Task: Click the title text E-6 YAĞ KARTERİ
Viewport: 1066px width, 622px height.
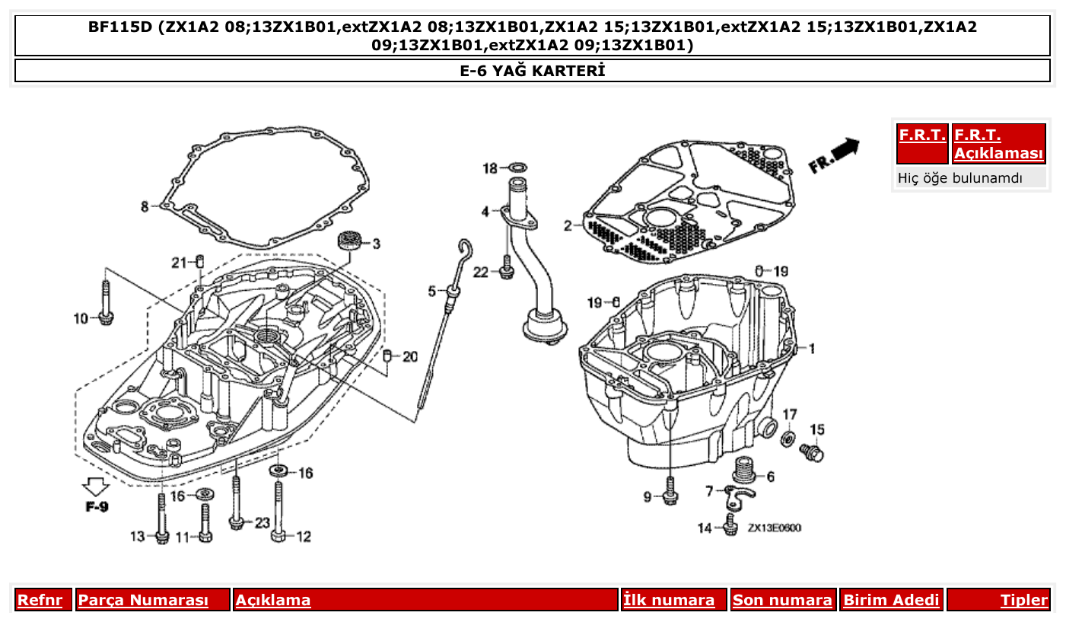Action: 532,71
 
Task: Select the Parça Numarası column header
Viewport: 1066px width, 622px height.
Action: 143,600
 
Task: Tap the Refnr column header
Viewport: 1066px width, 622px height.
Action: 40,600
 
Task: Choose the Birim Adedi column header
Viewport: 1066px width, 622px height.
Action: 891,600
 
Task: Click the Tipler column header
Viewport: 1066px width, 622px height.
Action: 1023,600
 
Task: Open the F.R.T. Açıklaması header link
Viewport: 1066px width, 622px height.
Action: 998,144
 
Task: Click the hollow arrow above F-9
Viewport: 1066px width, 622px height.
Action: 95,485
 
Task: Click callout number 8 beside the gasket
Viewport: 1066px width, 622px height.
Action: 145,206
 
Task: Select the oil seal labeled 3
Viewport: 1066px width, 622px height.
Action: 350,241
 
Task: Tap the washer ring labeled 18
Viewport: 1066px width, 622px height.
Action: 518,167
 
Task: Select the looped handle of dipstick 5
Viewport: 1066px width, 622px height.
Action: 466,252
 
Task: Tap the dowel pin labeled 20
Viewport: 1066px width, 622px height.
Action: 387,356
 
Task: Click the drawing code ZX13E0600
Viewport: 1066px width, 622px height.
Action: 773,528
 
